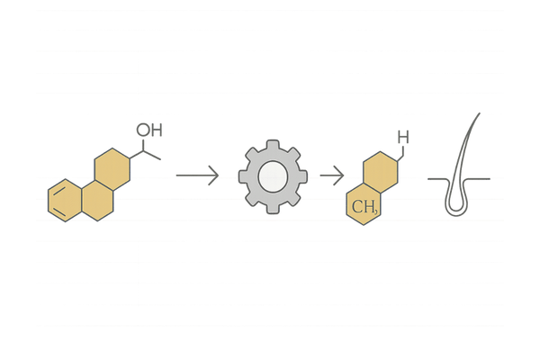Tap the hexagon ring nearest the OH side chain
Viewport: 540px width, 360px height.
(x=112, y=167)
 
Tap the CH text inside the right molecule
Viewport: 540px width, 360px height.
(x=364, y=209)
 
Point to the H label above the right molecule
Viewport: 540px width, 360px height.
(x=403, y=138)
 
